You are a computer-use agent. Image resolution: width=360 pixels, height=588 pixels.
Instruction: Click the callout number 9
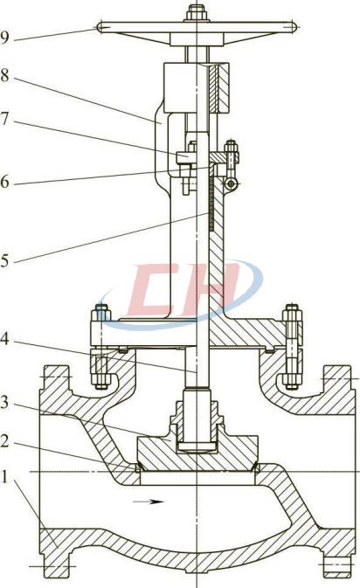(4, 38)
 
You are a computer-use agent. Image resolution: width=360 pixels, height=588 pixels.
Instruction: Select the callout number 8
(4, 75)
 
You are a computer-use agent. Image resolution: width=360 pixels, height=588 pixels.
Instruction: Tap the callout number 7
(4, 119)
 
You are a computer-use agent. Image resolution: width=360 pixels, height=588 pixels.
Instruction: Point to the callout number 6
(4, 183)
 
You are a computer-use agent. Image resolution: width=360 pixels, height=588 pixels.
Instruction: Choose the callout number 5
(4, 261)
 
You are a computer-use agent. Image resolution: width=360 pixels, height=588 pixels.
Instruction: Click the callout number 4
(4, 339)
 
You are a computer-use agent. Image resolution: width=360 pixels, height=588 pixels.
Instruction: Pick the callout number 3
(4, 403)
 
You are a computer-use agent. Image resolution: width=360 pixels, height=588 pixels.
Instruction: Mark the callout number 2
(4, 441)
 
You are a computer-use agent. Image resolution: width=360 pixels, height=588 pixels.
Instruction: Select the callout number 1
(4, 477)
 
